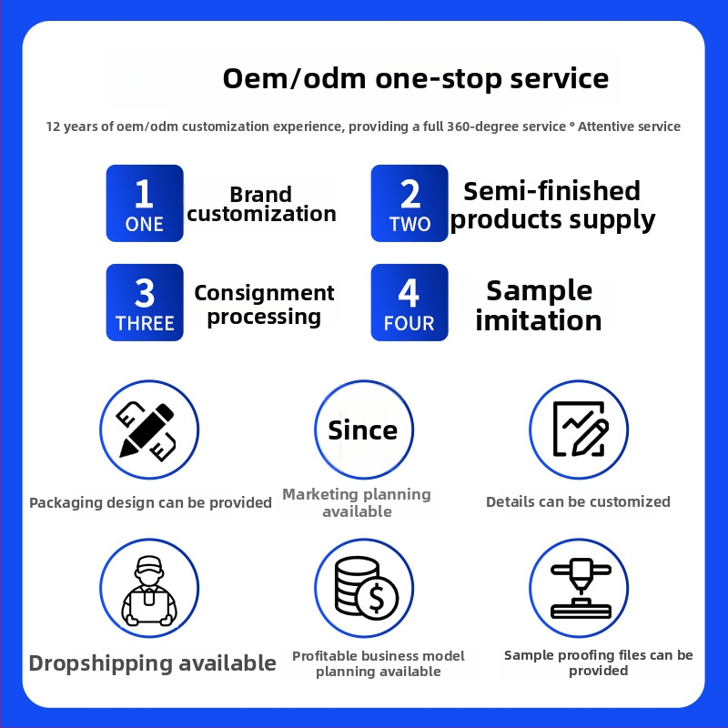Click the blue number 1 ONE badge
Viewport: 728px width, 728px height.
145,203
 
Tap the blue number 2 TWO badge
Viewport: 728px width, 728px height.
409,203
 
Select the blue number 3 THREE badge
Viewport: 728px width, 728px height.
145,303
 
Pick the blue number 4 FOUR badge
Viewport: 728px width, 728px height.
409,303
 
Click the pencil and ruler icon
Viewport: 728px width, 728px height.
147,430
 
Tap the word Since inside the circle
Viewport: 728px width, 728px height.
363,430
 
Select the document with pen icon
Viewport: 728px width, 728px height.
581,429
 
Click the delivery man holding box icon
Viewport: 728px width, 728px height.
149,590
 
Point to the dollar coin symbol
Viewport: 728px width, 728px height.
377,599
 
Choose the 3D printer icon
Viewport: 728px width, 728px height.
581,588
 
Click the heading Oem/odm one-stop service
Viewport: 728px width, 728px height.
416,78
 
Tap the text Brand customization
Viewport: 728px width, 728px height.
261,204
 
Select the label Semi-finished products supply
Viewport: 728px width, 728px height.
552,206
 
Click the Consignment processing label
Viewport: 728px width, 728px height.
264,305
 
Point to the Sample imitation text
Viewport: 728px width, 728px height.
539,306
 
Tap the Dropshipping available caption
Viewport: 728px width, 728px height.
152,663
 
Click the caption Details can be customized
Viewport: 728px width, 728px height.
578,501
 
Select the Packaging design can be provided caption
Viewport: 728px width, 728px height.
150,502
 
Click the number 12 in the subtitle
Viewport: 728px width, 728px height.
53,126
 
